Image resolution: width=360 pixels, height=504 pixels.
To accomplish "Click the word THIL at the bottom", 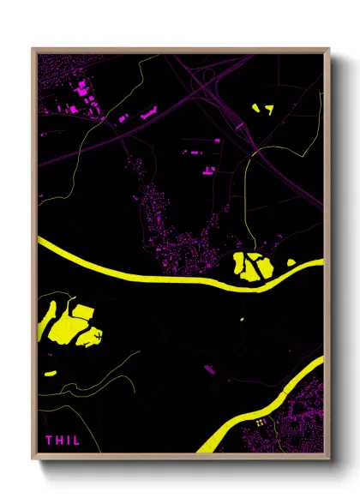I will coord(62,441).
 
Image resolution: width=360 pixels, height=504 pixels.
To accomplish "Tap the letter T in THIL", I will coord(50,441).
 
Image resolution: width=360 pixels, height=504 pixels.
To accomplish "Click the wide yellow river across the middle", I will coord(137,273).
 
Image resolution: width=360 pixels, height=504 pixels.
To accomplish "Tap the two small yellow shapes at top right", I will coord(261,109).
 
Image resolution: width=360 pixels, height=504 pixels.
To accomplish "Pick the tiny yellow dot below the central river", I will coord(242,320).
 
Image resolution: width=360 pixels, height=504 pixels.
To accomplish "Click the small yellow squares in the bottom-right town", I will coord(259,423).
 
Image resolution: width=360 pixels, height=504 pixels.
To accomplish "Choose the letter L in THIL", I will coord(76,441).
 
